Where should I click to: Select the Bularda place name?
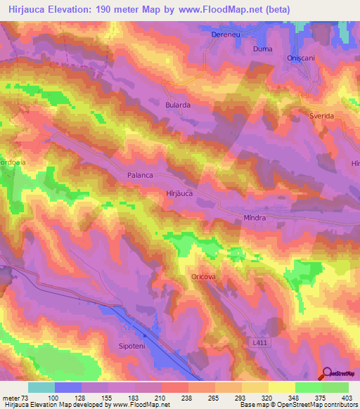coord(178,105)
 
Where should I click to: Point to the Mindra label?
coord(254,218)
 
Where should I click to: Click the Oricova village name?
coord(204,277)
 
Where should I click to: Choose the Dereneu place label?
coord(226,34)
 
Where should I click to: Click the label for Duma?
coord(262,49)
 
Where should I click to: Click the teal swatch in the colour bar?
coord(41,387)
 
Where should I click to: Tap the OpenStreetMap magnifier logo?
coord(326,373)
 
